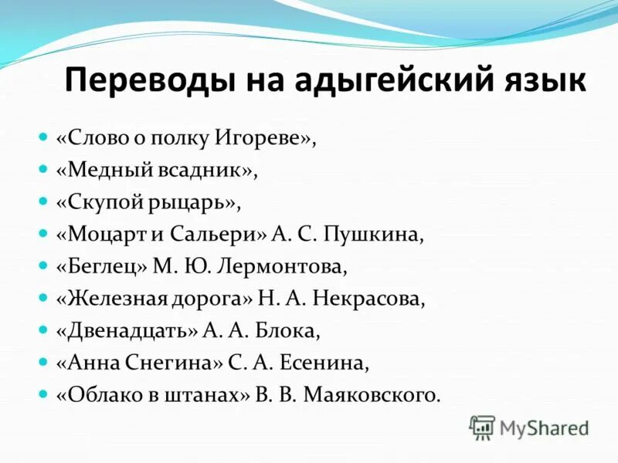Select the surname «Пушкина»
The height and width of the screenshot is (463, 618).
[376, 235]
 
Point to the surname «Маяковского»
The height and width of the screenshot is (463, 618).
[372, 395]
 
